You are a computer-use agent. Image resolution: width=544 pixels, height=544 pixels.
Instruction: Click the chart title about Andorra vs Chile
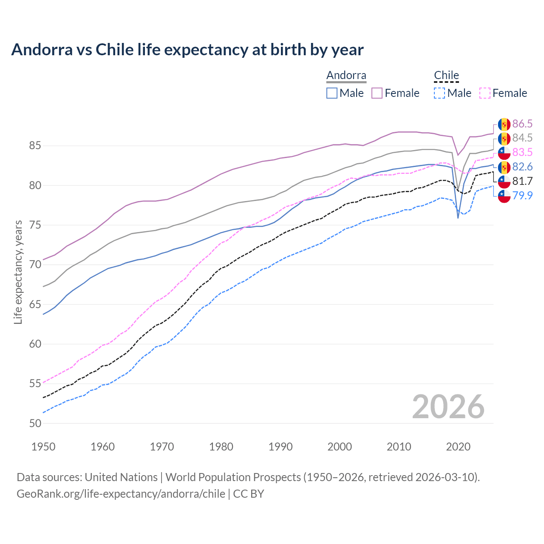pos(187,50)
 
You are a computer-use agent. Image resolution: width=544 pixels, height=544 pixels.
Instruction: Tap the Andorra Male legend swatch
pos(332,93)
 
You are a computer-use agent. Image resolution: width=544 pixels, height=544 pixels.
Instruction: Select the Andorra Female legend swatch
pos(377,93)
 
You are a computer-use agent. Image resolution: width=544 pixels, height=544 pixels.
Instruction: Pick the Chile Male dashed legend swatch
pos(439,93)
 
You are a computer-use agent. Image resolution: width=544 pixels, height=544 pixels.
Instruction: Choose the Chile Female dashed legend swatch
pos(484,93)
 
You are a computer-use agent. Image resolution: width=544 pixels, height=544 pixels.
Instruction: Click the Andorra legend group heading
pos(346,76)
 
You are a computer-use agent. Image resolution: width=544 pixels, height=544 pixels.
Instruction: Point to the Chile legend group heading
pos(446,76)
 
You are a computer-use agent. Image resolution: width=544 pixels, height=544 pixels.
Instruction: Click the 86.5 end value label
pos(522,124)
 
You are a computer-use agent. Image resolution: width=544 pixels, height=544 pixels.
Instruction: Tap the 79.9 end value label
pos(522,195)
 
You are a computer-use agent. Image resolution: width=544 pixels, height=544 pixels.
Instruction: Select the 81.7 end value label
pos(522,181)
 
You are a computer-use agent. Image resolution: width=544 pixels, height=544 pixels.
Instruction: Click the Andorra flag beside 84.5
pos(504,139)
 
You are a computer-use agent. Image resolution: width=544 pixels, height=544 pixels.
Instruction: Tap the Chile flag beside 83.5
pos(504,153)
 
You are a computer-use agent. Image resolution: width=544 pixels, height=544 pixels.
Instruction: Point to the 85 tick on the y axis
pos(35,146)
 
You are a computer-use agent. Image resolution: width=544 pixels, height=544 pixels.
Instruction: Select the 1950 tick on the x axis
pos(43,447)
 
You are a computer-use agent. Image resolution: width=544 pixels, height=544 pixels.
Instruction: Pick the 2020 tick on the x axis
pos(458,447)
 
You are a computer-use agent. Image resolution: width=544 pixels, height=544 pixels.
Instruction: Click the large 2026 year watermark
pos(448,407)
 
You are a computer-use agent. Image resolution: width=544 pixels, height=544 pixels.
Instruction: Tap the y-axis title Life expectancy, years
pos(18,272)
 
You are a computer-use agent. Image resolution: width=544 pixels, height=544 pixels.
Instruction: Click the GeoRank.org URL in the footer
pos(121,494)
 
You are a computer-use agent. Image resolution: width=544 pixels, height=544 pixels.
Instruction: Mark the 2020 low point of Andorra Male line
pos(458,218)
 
